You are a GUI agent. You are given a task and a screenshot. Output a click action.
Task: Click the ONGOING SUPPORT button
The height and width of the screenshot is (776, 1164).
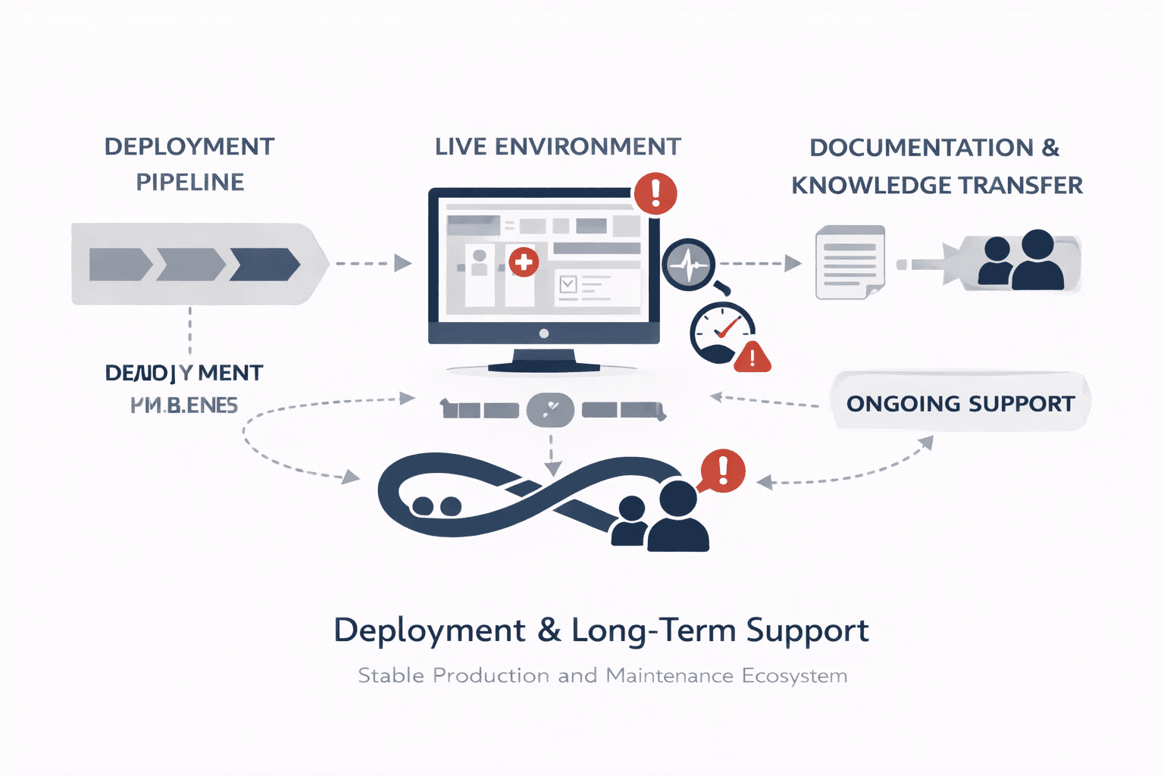point(960,402)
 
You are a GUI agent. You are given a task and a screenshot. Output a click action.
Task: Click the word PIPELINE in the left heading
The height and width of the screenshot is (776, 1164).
point(189,182)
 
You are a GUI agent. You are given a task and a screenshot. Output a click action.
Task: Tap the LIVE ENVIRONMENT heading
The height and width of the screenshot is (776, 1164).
point(558,146)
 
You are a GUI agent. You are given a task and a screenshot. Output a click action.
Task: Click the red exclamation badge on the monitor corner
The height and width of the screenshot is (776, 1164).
point(656,193)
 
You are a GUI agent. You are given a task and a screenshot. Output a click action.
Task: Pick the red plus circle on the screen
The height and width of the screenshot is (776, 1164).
point(523,262)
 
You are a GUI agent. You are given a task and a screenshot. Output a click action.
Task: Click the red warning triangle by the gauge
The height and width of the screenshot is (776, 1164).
point(753,356)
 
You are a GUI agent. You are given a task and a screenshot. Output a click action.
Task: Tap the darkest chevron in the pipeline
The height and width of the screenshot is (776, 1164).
point(265,264)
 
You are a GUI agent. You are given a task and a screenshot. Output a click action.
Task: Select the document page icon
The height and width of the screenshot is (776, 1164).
point(850,261)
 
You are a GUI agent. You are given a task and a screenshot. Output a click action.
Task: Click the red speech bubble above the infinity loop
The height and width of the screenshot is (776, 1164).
point(722,470)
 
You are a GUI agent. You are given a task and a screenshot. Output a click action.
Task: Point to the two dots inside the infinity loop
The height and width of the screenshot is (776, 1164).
point(436,506)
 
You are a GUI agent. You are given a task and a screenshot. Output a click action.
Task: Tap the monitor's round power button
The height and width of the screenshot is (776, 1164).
point(543,333)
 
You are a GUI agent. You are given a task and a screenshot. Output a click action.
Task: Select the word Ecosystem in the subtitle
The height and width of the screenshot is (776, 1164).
point(794,675)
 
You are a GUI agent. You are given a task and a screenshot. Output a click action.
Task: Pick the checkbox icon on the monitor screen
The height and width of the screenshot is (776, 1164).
point(568,284)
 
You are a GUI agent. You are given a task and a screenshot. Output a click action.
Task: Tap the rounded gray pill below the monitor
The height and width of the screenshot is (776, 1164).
point(551,409)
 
